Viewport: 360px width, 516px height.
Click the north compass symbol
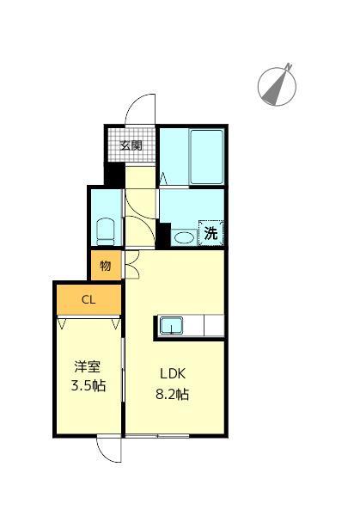tap(277, 83)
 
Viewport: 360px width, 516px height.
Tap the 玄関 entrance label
tap(131, 144)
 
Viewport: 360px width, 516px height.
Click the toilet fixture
tap(107, 230)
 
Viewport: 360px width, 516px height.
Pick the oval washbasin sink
tap(183, 236)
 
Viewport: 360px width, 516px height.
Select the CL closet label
tap(88, 299)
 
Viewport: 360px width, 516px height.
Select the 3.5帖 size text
tap(88, 386)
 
